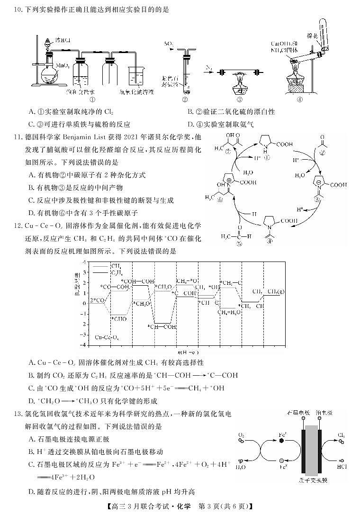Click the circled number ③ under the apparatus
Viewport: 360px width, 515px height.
(x=240, y=99)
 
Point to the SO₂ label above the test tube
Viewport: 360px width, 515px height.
(x=169, y=44)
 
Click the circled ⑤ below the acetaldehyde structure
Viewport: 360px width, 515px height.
(x=239, y=244)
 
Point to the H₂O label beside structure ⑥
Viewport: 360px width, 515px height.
(x=247, y=173)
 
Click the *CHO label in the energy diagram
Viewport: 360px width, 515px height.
(x=117, y=318)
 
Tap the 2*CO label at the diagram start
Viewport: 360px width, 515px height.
(x=97, y=300)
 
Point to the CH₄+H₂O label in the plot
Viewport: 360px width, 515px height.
(x=229, y=312)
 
